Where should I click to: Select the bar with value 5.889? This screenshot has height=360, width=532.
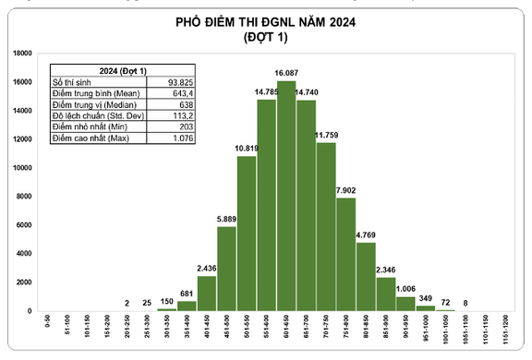[226, 268]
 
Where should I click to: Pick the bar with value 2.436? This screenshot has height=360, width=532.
[207, 293]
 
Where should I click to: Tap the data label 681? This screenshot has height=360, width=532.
[187, 294]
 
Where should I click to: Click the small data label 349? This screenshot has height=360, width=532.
[426, 298]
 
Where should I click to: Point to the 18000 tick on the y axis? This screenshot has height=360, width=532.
[24, 54]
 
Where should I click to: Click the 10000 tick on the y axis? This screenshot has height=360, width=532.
[24, 168]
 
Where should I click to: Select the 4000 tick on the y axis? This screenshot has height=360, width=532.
[26, 254]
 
